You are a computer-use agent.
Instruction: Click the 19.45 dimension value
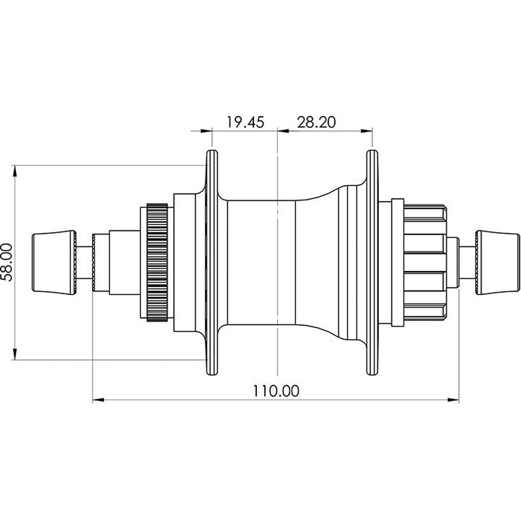coord(245,123)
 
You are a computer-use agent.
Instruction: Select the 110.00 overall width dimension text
coord(276,391)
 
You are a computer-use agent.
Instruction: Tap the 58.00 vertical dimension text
coord(7,262)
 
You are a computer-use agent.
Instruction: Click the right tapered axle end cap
coord(497,263)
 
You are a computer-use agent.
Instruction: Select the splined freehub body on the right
coord(425,263)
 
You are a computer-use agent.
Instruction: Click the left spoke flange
coord(213,263)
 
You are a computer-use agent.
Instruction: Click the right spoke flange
coord(372,263)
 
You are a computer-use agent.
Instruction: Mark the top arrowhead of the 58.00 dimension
coord(15,171)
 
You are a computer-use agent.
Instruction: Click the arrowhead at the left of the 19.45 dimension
coord(206,131)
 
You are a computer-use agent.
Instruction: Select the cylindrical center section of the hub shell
coord(261,263)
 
